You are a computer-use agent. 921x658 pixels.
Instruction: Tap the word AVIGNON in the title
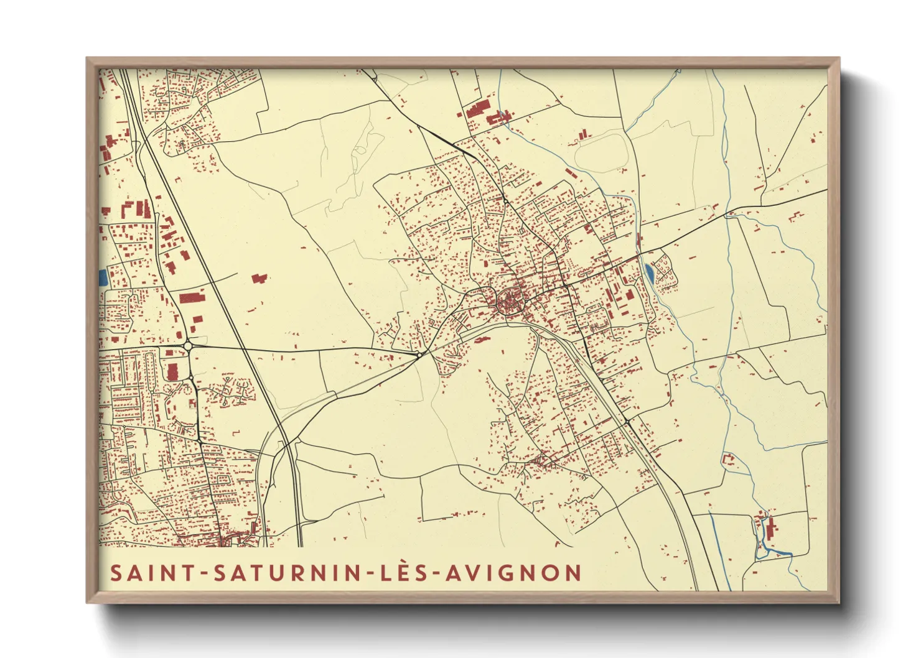[513, 573]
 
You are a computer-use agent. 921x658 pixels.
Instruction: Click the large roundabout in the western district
[188, 346]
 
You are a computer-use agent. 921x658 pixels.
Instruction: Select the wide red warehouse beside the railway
[192, 297]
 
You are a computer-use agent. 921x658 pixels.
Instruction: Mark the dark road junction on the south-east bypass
[627, 423]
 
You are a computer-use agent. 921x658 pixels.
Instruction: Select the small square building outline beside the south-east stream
[727, 459]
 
